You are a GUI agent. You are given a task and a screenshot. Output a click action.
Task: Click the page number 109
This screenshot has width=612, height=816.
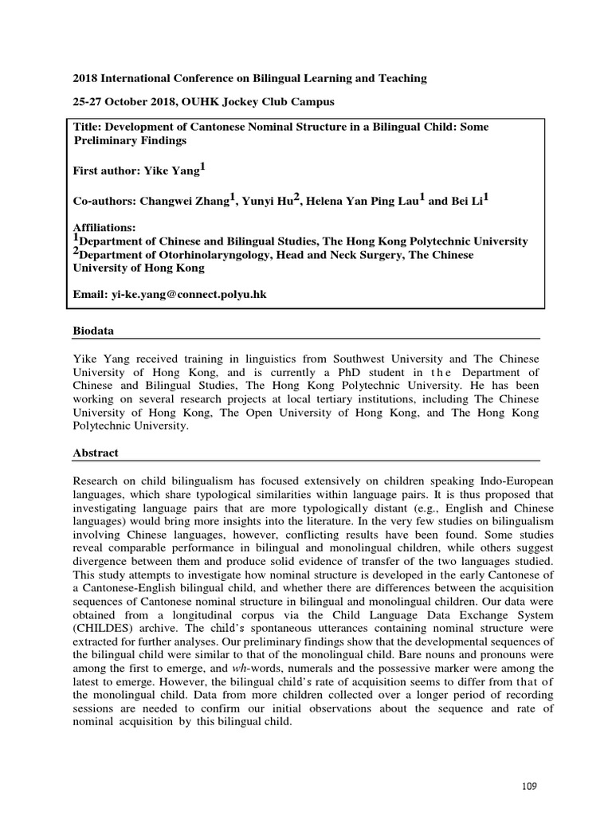click(x=529, y=786)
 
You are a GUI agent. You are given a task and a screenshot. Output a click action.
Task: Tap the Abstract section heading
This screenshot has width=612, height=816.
click(x=96, y=453)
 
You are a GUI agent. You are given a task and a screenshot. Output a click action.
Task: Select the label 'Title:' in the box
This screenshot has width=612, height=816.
click(x=88, y=127)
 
